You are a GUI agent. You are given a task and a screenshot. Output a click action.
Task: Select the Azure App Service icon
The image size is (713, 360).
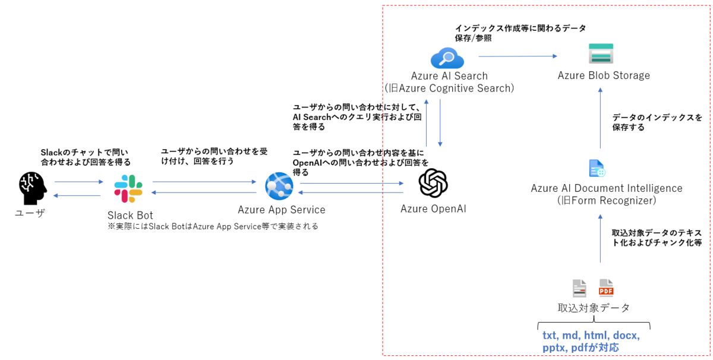pyautogui.click(x=279, y=186)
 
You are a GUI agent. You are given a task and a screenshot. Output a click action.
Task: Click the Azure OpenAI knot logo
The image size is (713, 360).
pyautogui.click(x=433, y=183)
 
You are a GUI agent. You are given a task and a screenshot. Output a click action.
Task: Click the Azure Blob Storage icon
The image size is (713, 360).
pyautogui.click(x=600, y=53)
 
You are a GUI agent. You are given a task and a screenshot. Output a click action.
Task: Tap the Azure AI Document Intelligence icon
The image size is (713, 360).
pyautogui.click(x=597, y=168)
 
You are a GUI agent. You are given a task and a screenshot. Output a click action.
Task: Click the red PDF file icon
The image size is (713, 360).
pyautogui.click(x=606, y=288)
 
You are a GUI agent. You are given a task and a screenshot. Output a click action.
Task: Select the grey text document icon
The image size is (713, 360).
pyautogui.click(x=579, y=288)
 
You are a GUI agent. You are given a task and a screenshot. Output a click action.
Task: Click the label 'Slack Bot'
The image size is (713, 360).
pyautogui.click(x=130, y=214)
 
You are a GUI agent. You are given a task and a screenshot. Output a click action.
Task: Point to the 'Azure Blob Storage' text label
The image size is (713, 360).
pyautogui.click(x=604, y=75)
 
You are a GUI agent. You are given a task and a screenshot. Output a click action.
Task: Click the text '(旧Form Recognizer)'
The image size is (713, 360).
pyautogui.click(x=606, y=201)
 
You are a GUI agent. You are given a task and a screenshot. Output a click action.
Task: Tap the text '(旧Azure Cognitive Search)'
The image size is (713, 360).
pyautogui.click(x=449, y=89)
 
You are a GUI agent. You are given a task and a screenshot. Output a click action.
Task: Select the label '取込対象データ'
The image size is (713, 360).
pyautogui.click(x=594, y=308)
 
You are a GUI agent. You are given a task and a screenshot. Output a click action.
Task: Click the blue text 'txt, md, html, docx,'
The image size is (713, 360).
pyautogui.click(x=591, y=335)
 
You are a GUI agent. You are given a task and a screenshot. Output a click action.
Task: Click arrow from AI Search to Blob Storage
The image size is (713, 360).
pyautogui.click(x=517, y=56)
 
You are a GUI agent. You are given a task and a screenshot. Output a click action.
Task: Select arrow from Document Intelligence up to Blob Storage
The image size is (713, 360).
pyautogui.click(x=600, y=119)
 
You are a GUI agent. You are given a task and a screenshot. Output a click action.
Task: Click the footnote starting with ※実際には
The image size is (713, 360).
pyautogui.click(x=213, y=226)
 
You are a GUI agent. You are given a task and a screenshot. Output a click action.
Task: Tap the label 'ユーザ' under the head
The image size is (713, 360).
pyautogui.click(x=30, y=213)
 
